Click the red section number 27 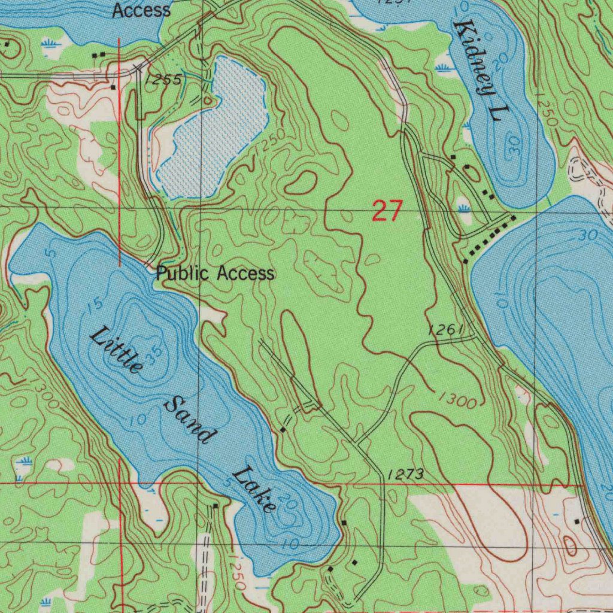(387, 211)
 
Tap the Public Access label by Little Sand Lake (215, 274)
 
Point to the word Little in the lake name (116, 351)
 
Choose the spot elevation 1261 (446, 329)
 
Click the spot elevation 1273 (405, 475)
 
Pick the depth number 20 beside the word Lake (288, 504)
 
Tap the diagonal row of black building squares (490, 238)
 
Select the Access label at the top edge (141, 10)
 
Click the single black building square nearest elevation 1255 (113, 87)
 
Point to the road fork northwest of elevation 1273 (357, 442)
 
